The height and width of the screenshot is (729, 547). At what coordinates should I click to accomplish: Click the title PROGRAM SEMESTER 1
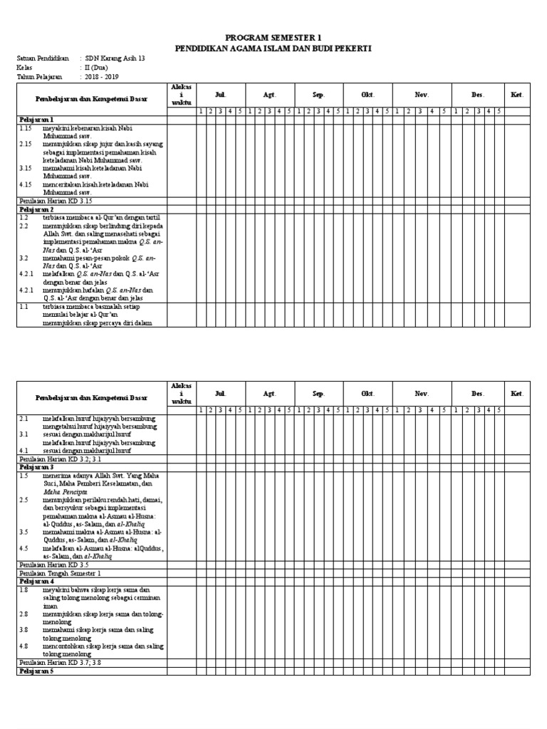273,37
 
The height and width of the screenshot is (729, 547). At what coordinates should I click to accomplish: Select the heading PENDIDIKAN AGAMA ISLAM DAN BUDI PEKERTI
273,48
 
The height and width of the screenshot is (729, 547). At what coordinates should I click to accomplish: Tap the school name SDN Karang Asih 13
115,58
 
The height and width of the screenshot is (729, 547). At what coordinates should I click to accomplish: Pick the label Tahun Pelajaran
39,76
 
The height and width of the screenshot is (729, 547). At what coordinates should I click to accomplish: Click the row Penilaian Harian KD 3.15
57,201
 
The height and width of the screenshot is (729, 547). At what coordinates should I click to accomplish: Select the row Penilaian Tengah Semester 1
61,573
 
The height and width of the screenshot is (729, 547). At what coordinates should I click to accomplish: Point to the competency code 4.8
24,646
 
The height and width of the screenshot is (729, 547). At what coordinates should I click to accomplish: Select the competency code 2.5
24,500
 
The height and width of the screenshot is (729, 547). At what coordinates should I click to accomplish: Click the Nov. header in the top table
422,94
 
